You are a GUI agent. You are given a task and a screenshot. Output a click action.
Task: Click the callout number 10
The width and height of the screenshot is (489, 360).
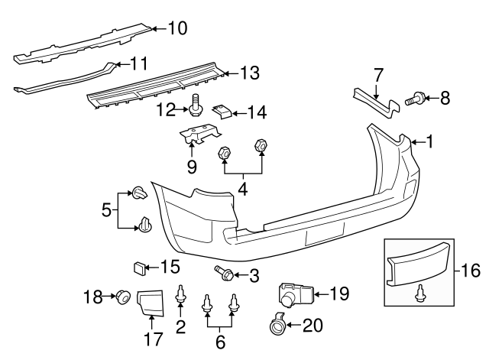(176, 30)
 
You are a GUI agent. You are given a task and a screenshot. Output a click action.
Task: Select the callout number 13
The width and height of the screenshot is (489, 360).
(250, 73)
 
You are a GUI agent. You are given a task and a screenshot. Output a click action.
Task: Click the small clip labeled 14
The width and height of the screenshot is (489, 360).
(221, 112)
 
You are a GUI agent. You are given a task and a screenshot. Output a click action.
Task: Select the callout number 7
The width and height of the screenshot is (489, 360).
(377, 75)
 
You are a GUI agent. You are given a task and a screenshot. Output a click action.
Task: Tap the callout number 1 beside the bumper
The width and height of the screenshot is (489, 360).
(429, 141)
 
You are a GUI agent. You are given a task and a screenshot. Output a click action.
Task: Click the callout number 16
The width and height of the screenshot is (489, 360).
(474, 270)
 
